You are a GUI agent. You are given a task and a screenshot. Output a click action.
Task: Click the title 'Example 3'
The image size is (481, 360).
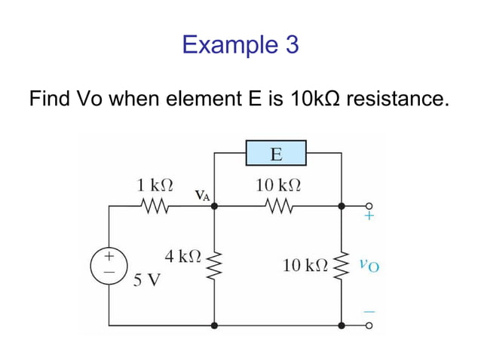click(240, 45)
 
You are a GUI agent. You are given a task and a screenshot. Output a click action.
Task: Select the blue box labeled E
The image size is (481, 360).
click(276, 154)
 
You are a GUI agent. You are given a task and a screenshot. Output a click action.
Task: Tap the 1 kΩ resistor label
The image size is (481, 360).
click(155, 184)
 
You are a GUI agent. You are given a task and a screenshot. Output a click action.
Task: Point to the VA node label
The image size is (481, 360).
click(202, 196)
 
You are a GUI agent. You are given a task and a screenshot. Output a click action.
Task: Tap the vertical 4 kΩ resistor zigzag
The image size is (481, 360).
click(215, 264)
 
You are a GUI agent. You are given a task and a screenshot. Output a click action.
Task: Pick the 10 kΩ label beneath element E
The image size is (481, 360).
click(279, 184)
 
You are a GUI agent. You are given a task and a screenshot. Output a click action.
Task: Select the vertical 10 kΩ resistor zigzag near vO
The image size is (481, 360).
click(342, 264)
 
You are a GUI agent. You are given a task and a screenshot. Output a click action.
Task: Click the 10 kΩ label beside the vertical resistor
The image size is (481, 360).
click(305, 265)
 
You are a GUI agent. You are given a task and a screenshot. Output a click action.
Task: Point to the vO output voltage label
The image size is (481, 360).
click(369, 264)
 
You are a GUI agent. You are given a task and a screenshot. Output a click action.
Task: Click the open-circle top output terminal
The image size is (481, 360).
click(369, 206)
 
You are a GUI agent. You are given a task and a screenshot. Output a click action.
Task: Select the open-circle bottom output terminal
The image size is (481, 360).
click(369, 326)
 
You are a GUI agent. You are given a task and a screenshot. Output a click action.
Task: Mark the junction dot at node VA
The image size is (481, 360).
click(215, 206)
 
